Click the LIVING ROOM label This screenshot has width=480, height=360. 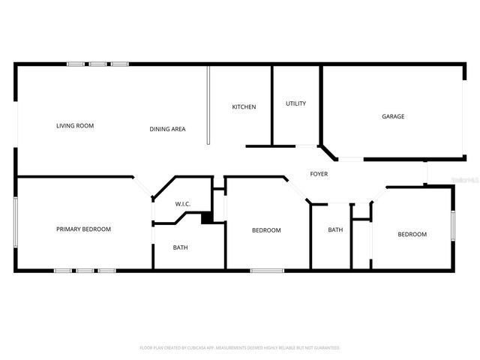[x=75, y=126]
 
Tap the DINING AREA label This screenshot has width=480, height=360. [x=167, y=129]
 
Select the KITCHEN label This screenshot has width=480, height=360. [x=244, y=107]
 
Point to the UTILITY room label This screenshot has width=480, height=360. [x=295, y=103]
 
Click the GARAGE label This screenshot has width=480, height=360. [x=393, y=116]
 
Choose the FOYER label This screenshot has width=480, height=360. [x=319, y=174]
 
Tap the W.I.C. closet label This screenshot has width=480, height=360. [x=183, y=204]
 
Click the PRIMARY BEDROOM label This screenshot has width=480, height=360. [x=83, y=229]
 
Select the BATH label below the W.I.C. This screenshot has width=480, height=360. [x=181, y=247]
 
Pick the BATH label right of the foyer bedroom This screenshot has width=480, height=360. [x=335, y=229]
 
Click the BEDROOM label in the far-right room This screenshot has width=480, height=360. [x=412, y=234]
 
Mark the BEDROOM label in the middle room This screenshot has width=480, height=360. [x=266, y=230]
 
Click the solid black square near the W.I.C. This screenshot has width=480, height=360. [x=207, y=217]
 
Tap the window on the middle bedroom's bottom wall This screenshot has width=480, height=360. [x=262, y=270]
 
